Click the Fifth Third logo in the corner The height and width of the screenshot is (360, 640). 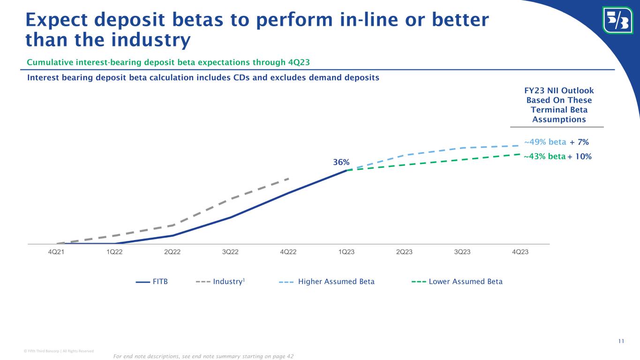(617, 20)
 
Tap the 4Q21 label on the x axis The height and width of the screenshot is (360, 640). (57, 252)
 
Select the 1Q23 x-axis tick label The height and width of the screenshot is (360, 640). (346, 252)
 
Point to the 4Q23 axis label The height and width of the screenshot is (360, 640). (520, 252)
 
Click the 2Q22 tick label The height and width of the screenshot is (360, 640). (173, 252)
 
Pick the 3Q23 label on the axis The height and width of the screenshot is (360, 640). (462, 252)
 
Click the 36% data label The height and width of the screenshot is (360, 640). (341, 162)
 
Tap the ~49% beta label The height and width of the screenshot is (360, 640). (545, 142)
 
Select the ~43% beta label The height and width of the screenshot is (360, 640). (544, 157)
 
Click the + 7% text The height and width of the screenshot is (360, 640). (579, 142)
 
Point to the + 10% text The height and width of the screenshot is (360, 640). (580, 157)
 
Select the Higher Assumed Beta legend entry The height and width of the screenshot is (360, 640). (336, 282)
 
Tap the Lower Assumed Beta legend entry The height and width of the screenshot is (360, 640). (466, 282)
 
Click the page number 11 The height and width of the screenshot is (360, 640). (621, 341)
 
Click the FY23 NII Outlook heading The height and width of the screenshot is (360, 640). (557, 91)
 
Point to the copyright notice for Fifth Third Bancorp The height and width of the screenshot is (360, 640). (49, 351)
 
